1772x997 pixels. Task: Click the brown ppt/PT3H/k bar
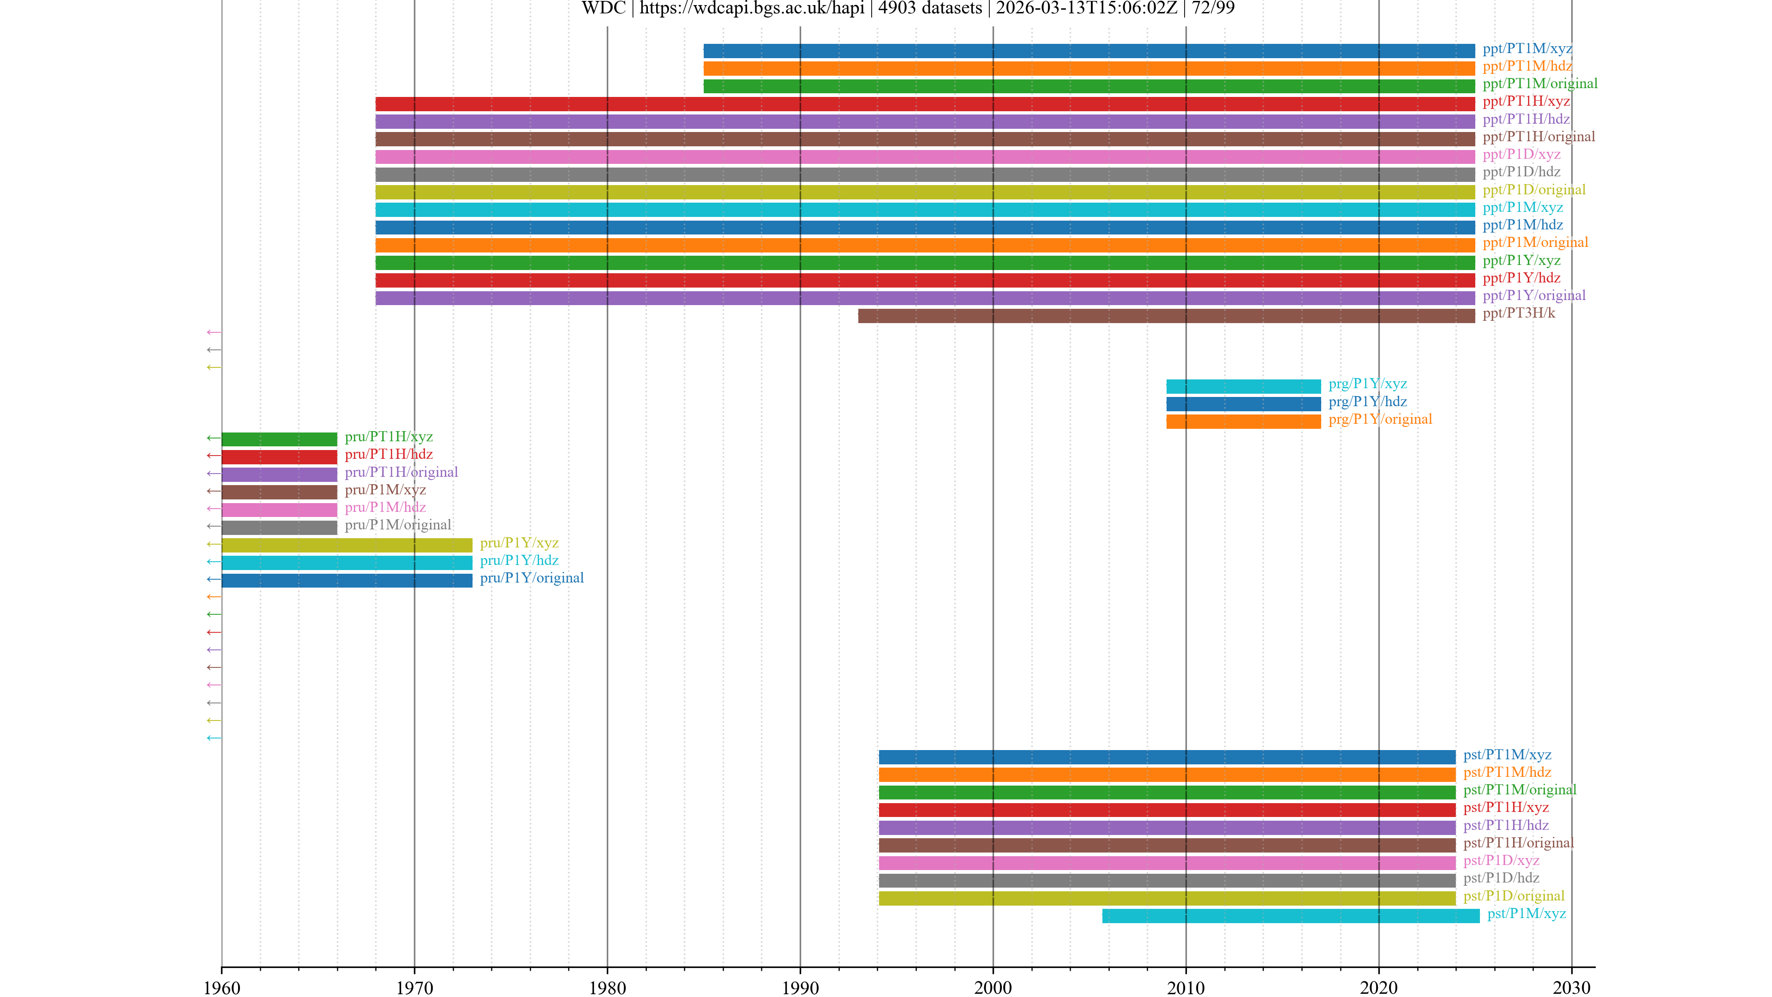[x=1166, y=316]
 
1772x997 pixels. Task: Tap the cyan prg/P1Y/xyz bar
[x=1243, y=386]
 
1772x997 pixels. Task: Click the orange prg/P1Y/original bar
[x=1243, y=421]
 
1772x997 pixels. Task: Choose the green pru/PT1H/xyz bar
[x=279, y=439]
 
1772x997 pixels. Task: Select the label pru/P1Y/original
[x=532, y=578]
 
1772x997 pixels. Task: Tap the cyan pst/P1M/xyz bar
[x=1291, y=916]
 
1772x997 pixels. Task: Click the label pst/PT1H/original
[x=1518, y=843]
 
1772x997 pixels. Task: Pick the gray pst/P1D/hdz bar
[x=1167, y=880]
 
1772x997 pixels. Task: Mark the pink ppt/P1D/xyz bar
[x=925, y=157]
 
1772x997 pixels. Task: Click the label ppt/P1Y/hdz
[x=1521, y=278]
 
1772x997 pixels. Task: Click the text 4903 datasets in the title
[x=930, y=8]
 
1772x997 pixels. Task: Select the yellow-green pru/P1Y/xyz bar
[x=347, y=545]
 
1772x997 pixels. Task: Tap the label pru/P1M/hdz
[x=385, y=508]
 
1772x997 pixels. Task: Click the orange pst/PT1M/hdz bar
[x=1167, y=775]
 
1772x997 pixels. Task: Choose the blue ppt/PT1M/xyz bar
[x=1089, y=51]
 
